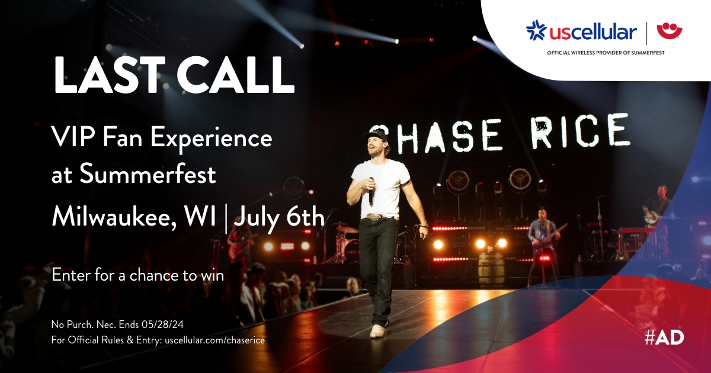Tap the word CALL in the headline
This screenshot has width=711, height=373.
point(235,75)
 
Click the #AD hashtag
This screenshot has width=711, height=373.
point(664,339)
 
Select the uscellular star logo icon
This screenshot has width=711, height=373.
point(536,31)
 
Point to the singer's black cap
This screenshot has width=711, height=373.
point(375,135)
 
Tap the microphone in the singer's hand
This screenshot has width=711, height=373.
point(371,191)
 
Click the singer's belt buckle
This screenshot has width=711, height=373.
point(375,217)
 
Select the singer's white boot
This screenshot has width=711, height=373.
point(378,331)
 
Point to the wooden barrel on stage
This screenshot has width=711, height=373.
point(491,271)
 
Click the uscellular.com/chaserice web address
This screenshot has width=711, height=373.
point(215,340)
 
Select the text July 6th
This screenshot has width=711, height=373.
point(279,218)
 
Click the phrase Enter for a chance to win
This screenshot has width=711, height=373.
point(137,275)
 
